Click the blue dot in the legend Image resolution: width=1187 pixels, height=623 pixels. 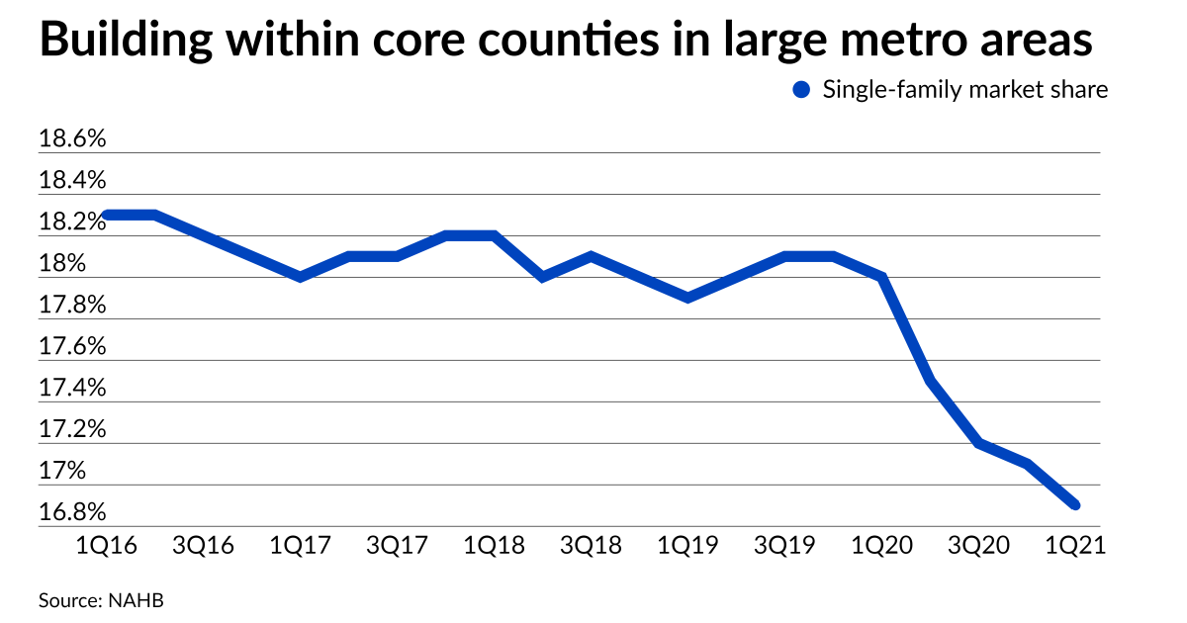[801, 90]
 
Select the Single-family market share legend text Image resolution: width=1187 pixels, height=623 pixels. [964, 90]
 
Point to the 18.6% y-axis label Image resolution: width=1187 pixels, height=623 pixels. [71, 139]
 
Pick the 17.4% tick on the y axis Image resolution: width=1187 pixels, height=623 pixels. [71, 389]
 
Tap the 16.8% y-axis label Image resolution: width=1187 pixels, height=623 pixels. [71, 513]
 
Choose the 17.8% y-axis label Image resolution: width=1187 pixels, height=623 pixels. [71, 306]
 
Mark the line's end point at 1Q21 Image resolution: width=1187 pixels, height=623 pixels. [1076, 505]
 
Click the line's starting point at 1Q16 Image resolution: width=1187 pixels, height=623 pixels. [107, 215]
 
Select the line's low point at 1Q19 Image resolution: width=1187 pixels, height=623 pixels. [688, 298]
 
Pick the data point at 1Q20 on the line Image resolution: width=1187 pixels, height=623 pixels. [882, 277]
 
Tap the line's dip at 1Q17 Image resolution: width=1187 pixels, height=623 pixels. [301, 277]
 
